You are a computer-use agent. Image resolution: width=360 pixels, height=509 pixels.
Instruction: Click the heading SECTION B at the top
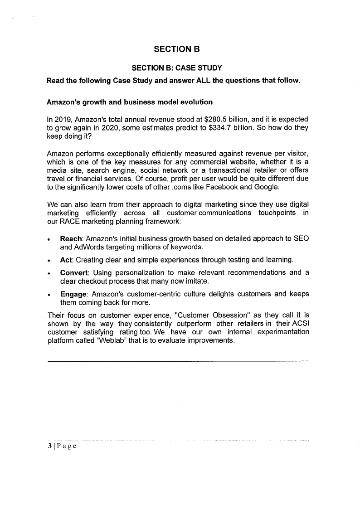click(177, 49)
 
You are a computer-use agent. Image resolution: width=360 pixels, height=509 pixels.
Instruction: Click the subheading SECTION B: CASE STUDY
click(177, 68)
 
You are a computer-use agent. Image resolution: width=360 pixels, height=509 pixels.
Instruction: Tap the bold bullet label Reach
click(72, 239)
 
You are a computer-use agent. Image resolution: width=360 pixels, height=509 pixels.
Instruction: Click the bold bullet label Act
click(66, 260)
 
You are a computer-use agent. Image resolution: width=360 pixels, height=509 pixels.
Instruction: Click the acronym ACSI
click(300, 324)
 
